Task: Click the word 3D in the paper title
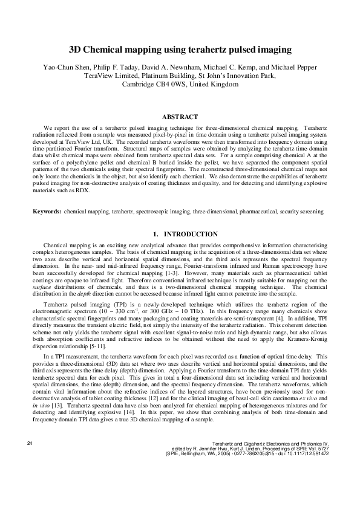(76, 50)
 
